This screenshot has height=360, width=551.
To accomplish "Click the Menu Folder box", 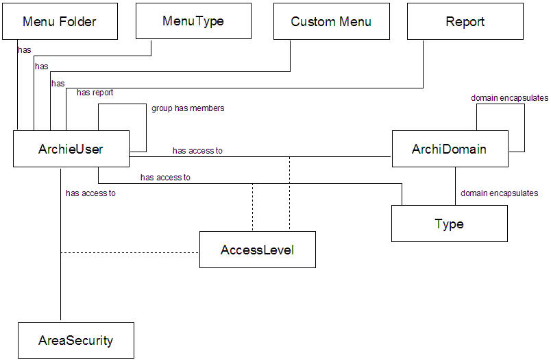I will (x=60, y=21).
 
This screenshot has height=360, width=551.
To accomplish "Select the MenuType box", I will (x=193, y=21).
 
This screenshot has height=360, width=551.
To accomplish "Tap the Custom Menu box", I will (x=331, y=21).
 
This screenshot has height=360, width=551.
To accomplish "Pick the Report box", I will (x=465, y=21).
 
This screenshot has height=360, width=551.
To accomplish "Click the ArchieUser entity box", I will (x=71, y=148).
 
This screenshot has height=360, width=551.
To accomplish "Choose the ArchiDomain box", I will (x=450, y=148).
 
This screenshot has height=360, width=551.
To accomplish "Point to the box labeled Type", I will (x=449, y=224).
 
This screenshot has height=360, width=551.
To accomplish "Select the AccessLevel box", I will (x=257, y=250).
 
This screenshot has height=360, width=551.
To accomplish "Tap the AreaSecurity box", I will (x=75, y=340).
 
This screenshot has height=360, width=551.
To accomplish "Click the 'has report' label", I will (x=95, y=93).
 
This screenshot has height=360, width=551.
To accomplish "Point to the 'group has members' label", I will (x=188, y=108).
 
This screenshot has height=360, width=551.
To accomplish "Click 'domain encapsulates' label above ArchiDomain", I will (x=509, y=98).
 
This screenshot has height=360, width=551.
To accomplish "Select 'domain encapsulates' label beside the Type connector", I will (x=499, y=193).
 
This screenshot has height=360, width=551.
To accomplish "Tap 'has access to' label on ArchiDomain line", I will (x=197, y=151).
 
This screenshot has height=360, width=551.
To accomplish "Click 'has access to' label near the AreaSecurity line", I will (x=90, y=193).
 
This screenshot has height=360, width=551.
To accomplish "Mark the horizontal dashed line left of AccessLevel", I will (x=130, y=252).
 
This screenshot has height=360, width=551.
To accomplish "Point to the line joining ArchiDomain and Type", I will (x=456, y=186).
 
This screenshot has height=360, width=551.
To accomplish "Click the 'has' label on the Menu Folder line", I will (x=25, y=50).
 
